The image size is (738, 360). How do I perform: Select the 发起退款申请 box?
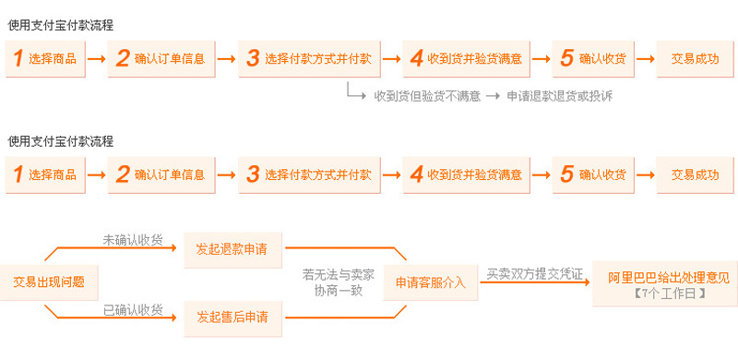click(x=232, y=248)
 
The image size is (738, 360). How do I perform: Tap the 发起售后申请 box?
click(x=232, y=317)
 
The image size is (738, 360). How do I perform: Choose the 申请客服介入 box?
click(x=431, y=282)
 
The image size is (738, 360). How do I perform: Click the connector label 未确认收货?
click(x=132, y=240)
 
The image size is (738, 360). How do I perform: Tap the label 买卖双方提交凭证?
click(x=535, y=273)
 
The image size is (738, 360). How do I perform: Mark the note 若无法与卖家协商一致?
click(x=339, y=282)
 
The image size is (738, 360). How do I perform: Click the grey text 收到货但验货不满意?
click(x=427, y=95)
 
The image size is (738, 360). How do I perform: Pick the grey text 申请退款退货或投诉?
click(x=559, y=95)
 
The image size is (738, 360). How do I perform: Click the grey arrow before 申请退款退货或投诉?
click(x=494, y=95)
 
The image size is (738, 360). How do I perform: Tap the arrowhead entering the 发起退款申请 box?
click(x=180, y=248)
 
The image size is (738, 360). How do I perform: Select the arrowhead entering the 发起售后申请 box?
click(x=180, y=317)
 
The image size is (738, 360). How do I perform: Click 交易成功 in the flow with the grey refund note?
click(x=696, y=58)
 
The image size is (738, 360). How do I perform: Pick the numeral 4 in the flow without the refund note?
click(x=417, y=174)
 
